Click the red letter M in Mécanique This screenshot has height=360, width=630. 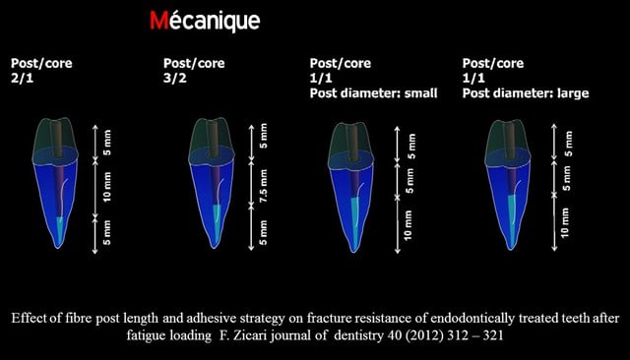coord(159,21)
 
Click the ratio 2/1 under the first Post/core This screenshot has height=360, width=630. coord(22,78)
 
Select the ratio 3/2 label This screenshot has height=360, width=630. coord(175,78)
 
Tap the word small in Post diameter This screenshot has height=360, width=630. coord(420,93)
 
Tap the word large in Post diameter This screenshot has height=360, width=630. coord(573,93)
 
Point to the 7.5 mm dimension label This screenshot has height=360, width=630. coord(263,186)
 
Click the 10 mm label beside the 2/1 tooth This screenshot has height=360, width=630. coord(107,187)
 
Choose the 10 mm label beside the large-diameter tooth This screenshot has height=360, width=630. coord(564,222)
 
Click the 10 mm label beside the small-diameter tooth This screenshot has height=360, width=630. coord(408,225)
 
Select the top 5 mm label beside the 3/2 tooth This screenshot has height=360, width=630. coord(263,136)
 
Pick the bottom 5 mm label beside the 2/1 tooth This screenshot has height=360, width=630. coord(107,232)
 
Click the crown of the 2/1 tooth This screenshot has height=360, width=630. coord(55,139)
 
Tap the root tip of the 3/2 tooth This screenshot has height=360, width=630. coord(215,247)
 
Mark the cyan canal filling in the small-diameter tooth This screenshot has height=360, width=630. coord(354,218)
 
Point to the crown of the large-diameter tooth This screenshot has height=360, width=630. coord(508,141)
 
